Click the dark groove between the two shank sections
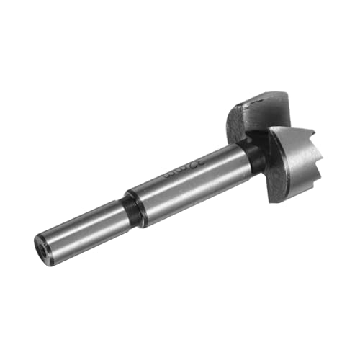point(134,209)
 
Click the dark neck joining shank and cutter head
point(253,154)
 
